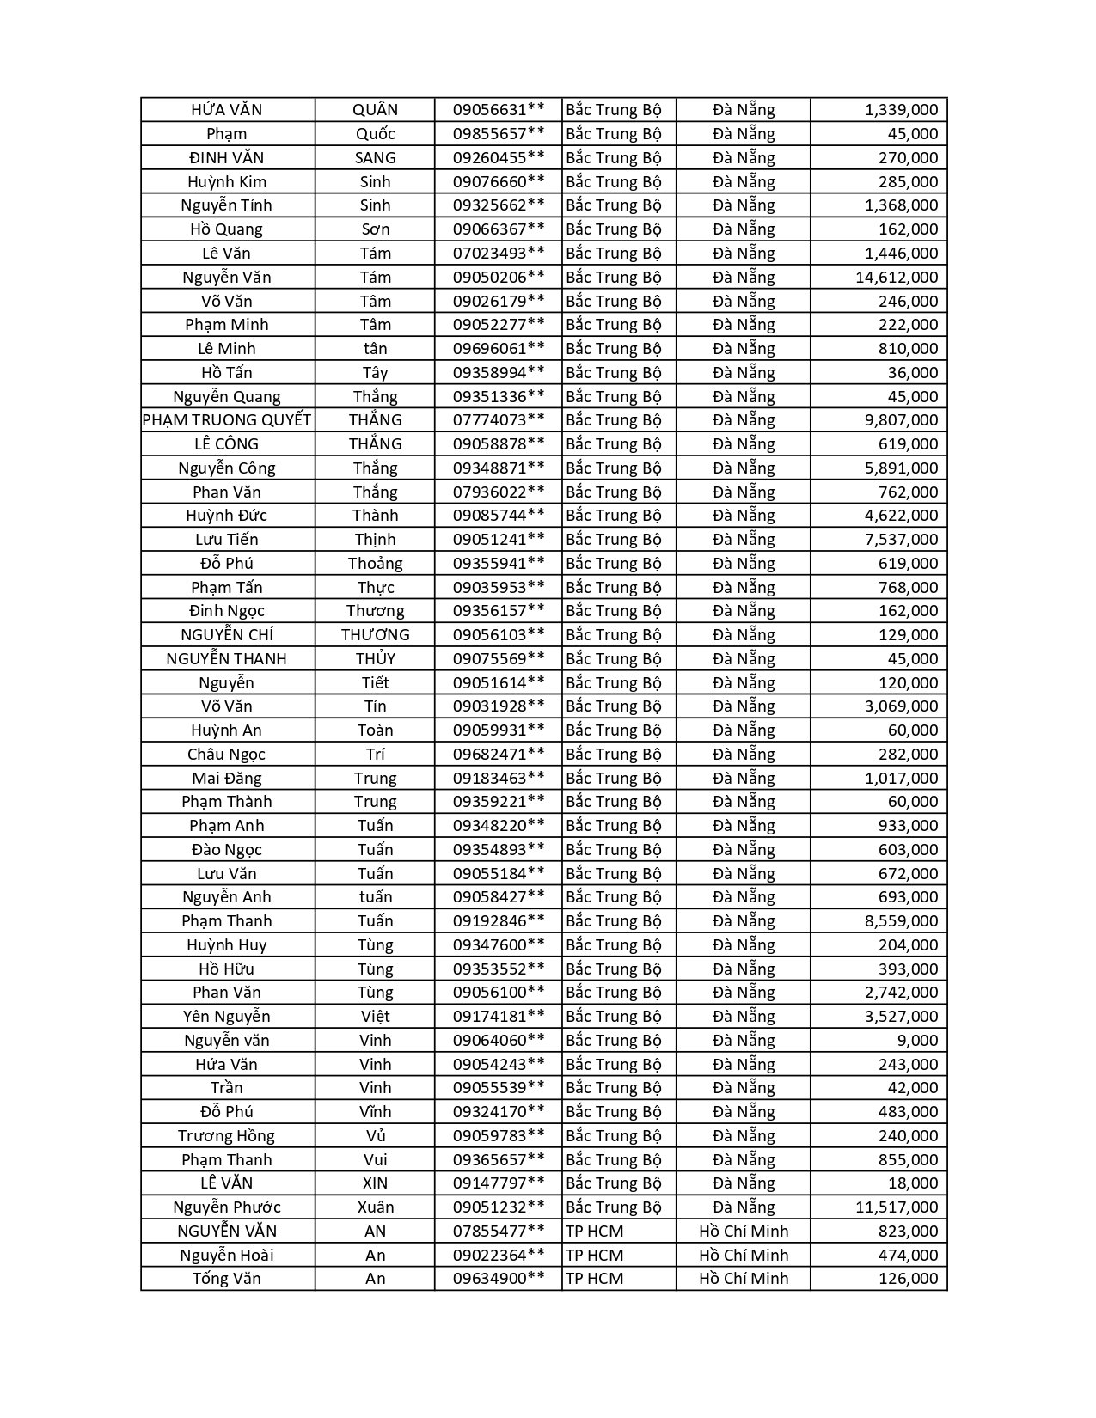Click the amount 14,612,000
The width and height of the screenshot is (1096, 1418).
pos(897,277)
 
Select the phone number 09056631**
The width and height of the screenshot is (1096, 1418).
pos(499,110)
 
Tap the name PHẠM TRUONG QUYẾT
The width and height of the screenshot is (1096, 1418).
pos(227,420)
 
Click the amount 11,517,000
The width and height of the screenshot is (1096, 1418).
pos(897,1207)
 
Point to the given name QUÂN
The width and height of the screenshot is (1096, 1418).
pos(376,110)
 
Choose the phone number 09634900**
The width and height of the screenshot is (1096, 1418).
pos(499,1278)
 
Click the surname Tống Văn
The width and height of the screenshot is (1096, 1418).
pos(227,1278)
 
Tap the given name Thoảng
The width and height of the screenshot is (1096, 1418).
pos(376,563)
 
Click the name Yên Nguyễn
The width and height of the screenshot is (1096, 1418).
pos(227,1016)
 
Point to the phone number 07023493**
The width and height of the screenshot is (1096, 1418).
pos(499,253)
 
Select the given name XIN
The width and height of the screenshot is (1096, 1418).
pos(376,1183)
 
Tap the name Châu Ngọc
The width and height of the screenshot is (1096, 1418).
pos(227,754)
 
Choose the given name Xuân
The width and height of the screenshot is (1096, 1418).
pos(376,1207)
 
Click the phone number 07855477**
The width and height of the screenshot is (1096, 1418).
pos(499,1231)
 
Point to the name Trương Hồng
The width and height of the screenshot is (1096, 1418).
pos(227,1135)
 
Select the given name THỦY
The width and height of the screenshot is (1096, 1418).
pos(376,658)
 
